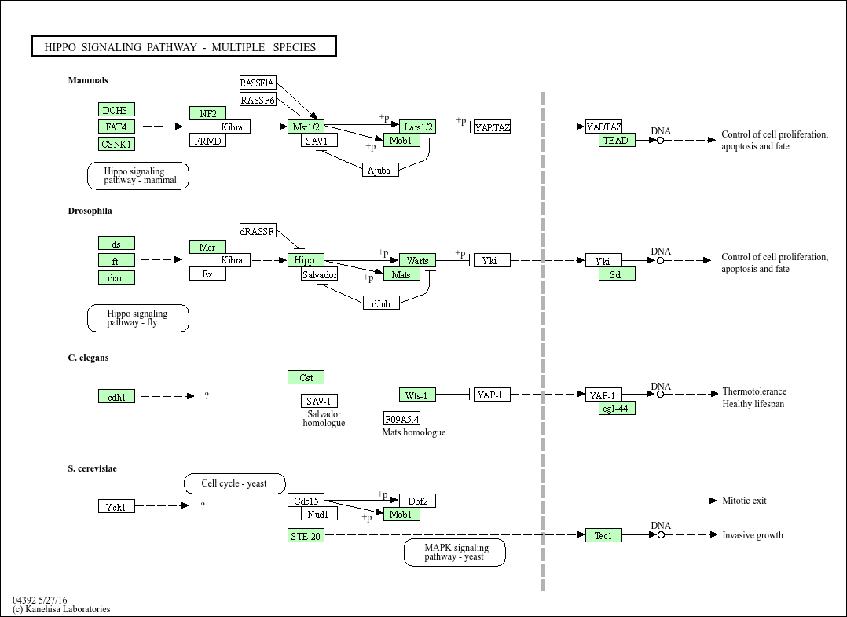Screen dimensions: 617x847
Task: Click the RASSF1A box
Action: pos(258,83)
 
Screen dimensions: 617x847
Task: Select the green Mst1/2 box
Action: pos(306,127)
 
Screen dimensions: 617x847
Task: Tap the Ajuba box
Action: pos(380,170)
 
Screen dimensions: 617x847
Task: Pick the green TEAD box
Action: pos(617,140)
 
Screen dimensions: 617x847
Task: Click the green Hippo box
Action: pos(306,260)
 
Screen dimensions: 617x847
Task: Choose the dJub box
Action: pos(381,303)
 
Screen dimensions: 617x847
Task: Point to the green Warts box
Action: pos(417,260)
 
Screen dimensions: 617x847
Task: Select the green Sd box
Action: pos(617,274)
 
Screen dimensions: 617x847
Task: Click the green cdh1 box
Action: pos(116,397)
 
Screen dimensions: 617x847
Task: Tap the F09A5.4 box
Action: pos(401,418)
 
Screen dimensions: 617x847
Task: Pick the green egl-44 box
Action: pos(617,409)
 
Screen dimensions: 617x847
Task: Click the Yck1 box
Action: pos(116,507)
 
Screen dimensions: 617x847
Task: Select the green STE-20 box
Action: pos(306,536)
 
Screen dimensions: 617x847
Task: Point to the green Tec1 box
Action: pos(603,535)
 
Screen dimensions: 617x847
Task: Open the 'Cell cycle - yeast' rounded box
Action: pos(234,483)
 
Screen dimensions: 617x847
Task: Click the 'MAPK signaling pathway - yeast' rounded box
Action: pos(454,553)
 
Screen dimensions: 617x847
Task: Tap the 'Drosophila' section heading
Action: pos(90,211)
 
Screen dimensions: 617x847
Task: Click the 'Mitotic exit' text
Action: pos(744,501)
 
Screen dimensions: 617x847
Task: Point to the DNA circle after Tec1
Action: pos(661,535)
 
